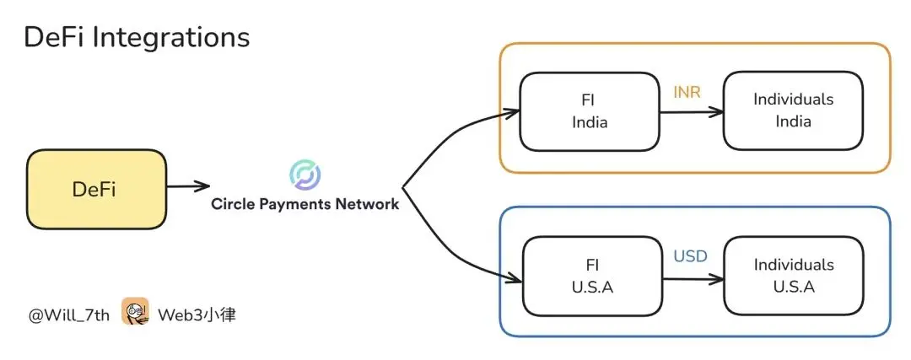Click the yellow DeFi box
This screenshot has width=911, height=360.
pyautogui.click(x=95, y=189)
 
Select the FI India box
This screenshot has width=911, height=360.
pyautogui.click(x=590, y=110)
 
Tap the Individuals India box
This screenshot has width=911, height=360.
pyautogui.click(x=793, y=110)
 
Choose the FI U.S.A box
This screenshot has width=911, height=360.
pyautogui.click(x=591, y=276)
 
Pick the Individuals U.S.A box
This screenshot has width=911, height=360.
pyautogui.click(x=794, y=276)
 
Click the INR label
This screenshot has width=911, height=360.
pyautogui.click(x=687, y=91)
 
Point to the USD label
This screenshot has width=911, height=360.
pyautogui.click(x=690, y=255)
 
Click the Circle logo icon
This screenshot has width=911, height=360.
pyautogui.click(x=305, y=175)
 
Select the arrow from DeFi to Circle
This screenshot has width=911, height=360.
pyautogui.click(x=186, y=186)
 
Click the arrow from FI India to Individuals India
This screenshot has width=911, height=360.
pyautogui.click(x=692, y=111)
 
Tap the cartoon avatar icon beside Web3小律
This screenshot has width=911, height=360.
pyautogui.click(x=135, y=312)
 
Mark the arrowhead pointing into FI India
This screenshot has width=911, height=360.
pyautogui.click(x=511, y=110)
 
